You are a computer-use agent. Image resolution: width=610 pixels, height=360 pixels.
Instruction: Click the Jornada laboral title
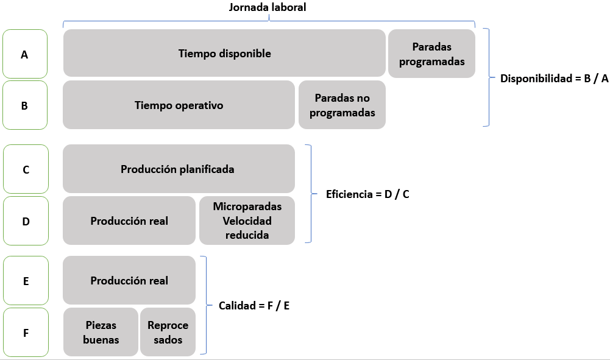[x=268, y=7]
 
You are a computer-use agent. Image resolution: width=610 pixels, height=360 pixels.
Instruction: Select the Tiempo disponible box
[x=224, y=53]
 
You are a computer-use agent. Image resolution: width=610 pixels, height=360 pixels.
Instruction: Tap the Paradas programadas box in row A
[x=431, y=54]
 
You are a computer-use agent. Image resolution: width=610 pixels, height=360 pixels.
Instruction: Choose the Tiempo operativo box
[x=179, y=105]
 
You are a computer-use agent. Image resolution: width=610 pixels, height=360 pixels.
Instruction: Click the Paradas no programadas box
[x=342, y=105]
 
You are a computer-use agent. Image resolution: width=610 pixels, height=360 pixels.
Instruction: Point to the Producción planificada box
[x=179, y=169]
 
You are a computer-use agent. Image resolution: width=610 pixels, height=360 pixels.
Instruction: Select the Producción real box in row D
[x=129, y=221]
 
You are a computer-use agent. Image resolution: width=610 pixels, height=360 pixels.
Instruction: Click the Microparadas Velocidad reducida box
[x=247, y=221]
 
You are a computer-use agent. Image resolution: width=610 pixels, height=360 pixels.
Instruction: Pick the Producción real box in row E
[x=129, y=280]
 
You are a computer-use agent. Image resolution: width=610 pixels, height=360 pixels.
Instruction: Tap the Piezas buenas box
[x=101, y=332]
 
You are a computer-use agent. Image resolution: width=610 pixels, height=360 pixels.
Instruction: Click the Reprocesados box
[x=168, y=332]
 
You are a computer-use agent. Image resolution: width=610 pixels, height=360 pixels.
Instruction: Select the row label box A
[x=25, y=54]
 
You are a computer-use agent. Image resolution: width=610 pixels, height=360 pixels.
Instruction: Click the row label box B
[x=25, y=105]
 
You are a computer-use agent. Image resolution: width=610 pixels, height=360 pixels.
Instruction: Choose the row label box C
[x=26, y=169]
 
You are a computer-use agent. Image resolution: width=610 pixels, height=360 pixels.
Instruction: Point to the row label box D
[x=26, y=221]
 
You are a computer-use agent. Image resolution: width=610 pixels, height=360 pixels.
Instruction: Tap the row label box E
[x=26, y=280]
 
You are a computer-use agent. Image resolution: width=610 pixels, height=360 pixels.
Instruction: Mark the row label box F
[x=26, y=333]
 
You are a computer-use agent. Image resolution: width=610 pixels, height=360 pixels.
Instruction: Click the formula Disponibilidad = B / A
[x=555, y=79]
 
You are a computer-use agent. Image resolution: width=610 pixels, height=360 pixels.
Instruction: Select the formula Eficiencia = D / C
[x=367, y=194]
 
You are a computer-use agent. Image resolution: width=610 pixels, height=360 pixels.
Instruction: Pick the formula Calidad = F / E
[x=254, y=306]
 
